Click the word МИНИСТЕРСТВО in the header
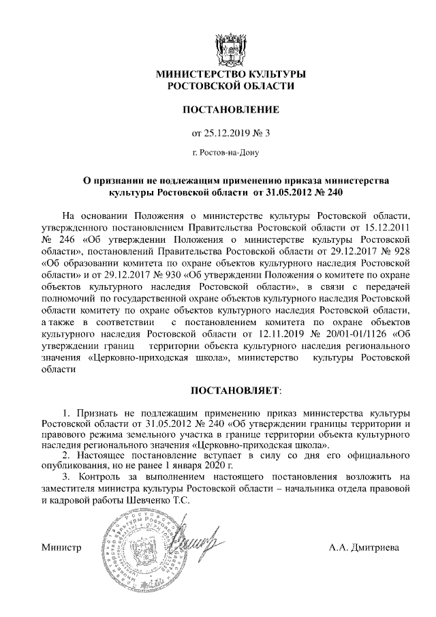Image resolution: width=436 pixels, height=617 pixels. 198,74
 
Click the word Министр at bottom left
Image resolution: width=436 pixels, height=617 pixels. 61,548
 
